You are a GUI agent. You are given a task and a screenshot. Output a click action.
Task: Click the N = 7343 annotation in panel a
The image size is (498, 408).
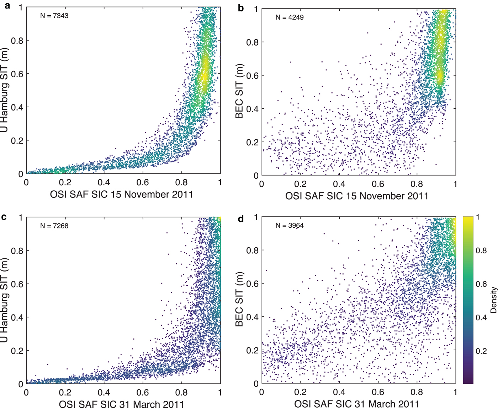coord(54,16)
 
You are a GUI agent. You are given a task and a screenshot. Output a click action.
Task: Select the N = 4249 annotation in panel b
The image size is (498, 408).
coord(290,17)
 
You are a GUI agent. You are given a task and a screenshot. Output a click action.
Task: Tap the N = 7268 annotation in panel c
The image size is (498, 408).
coord(54,226)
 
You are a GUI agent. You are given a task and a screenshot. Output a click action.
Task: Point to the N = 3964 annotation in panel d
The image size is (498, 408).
coord(290,226)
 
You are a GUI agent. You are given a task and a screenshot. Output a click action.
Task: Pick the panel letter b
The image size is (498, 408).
coord(241,8)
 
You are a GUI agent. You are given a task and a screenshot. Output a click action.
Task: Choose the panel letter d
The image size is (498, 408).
coord(241,218)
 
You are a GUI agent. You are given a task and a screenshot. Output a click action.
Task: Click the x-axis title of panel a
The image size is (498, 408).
coord(122,195)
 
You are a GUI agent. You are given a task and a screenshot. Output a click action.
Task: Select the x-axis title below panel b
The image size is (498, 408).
coord(357,196)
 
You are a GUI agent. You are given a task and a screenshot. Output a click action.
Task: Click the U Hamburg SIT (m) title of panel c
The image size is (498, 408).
coord(4,300)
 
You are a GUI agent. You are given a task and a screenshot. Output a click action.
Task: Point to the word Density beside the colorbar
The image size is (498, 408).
coord(493,300)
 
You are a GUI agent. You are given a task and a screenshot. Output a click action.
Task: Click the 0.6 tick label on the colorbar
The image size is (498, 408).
coord(481,284)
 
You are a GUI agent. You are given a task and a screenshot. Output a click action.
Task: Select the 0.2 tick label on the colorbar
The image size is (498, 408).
coord(481,351)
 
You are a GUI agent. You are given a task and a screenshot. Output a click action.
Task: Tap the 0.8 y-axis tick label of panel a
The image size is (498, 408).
coord(17,41)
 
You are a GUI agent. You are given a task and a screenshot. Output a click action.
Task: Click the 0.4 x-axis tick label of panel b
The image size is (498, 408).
coord(339,184)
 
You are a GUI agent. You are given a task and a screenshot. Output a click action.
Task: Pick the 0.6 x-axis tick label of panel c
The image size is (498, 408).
coord(143,393)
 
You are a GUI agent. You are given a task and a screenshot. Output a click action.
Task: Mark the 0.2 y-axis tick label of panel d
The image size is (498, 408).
coord(252,350)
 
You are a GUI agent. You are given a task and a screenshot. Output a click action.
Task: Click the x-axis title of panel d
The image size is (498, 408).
coord(357,404)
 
